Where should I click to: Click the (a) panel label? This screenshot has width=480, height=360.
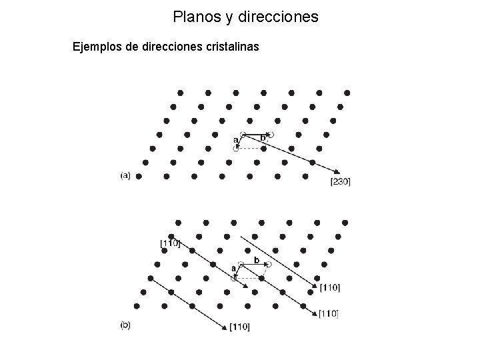[x=125, y=176]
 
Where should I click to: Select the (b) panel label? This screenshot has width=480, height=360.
[x=125, y=326]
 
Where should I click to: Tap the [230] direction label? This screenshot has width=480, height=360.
[x=340, y=181]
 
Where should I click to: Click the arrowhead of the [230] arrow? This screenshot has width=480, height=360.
[x=337, y=171]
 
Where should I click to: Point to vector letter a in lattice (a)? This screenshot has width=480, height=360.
[x=235, y=141]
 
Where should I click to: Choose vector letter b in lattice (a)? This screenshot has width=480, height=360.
[x=263, y=138]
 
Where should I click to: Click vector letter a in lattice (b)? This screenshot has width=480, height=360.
[x=233, y=268]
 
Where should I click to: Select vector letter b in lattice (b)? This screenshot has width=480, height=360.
[x=256, y=259]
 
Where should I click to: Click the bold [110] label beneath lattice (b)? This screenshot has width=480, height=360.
[x=239, y=327]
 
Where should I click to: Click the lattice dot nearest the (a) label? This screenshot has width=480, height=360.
[x=139, y=177]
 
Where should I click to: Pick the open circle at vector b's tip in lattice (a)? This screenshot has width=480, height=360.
[x=271, y=135]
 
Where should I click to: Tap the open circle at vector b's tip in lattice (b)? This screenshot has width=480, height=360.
[x=269, y=265]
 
